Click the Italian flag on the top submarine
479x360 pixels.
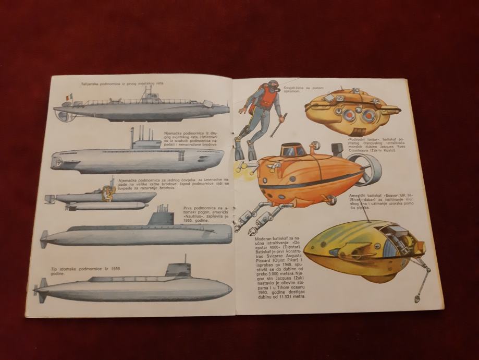(68, 97)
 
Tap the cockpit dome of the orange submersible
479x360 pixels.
(293, 150)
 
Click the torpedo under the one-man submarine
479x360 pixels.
(99, 206)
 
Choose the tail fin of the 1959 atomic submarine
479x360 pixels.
(42, 287)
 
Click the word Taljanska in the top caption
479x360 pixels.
(92, 83)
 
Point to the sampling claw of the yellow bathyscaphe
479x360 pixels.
(417, 298)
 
